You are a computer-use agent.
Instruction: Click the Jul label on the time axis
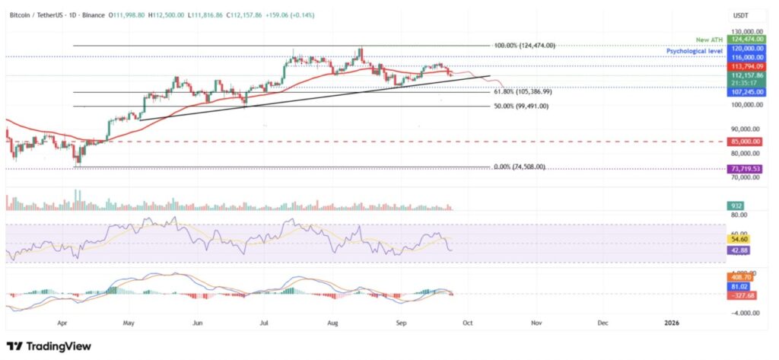tap(265, 322)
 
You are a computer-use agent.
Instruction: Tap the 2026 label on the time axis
tap(672, 322)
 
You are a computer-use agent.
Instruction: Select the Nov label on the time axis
tap(536, 322)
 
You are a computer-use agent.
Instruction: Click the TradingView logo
tap(49, 346)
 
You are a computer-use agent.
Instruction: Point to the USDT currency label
tap(741, 14)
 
